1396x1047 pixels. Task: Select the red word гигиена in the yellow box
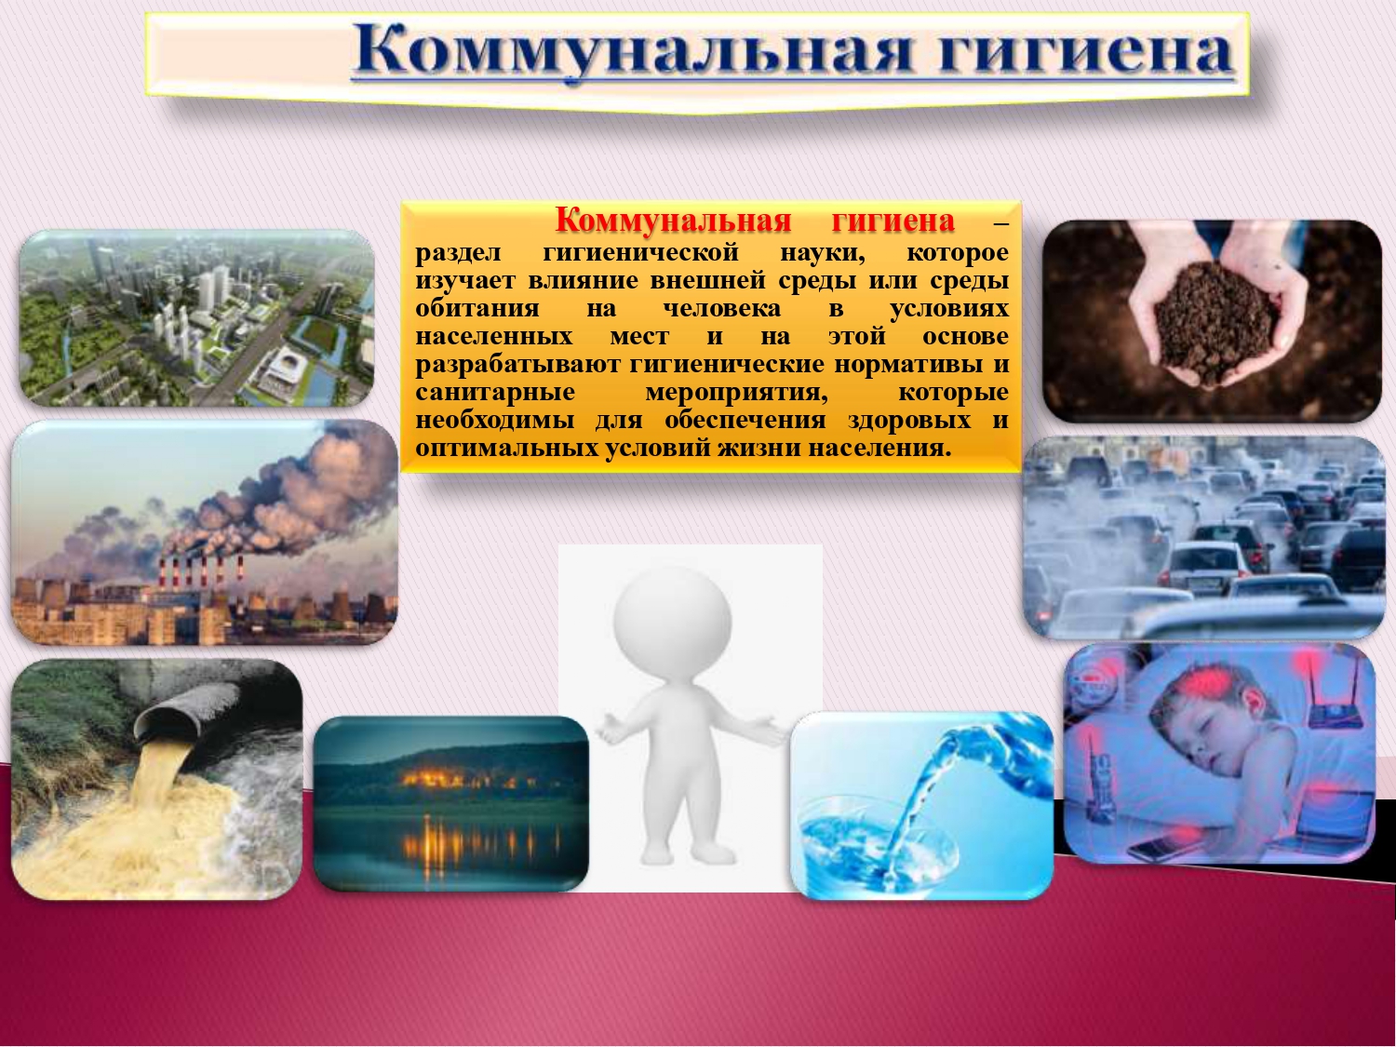tap(893, 221)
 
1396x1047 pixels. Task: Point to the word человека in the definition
tap(722, 308)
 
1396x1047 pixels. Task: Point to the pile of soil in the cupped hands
tap(1214, 324)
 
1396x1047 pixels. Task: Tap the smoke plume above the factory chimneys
tap(254, 503)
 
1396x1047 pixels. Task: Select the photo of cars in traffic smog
tap(1204, 537)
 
